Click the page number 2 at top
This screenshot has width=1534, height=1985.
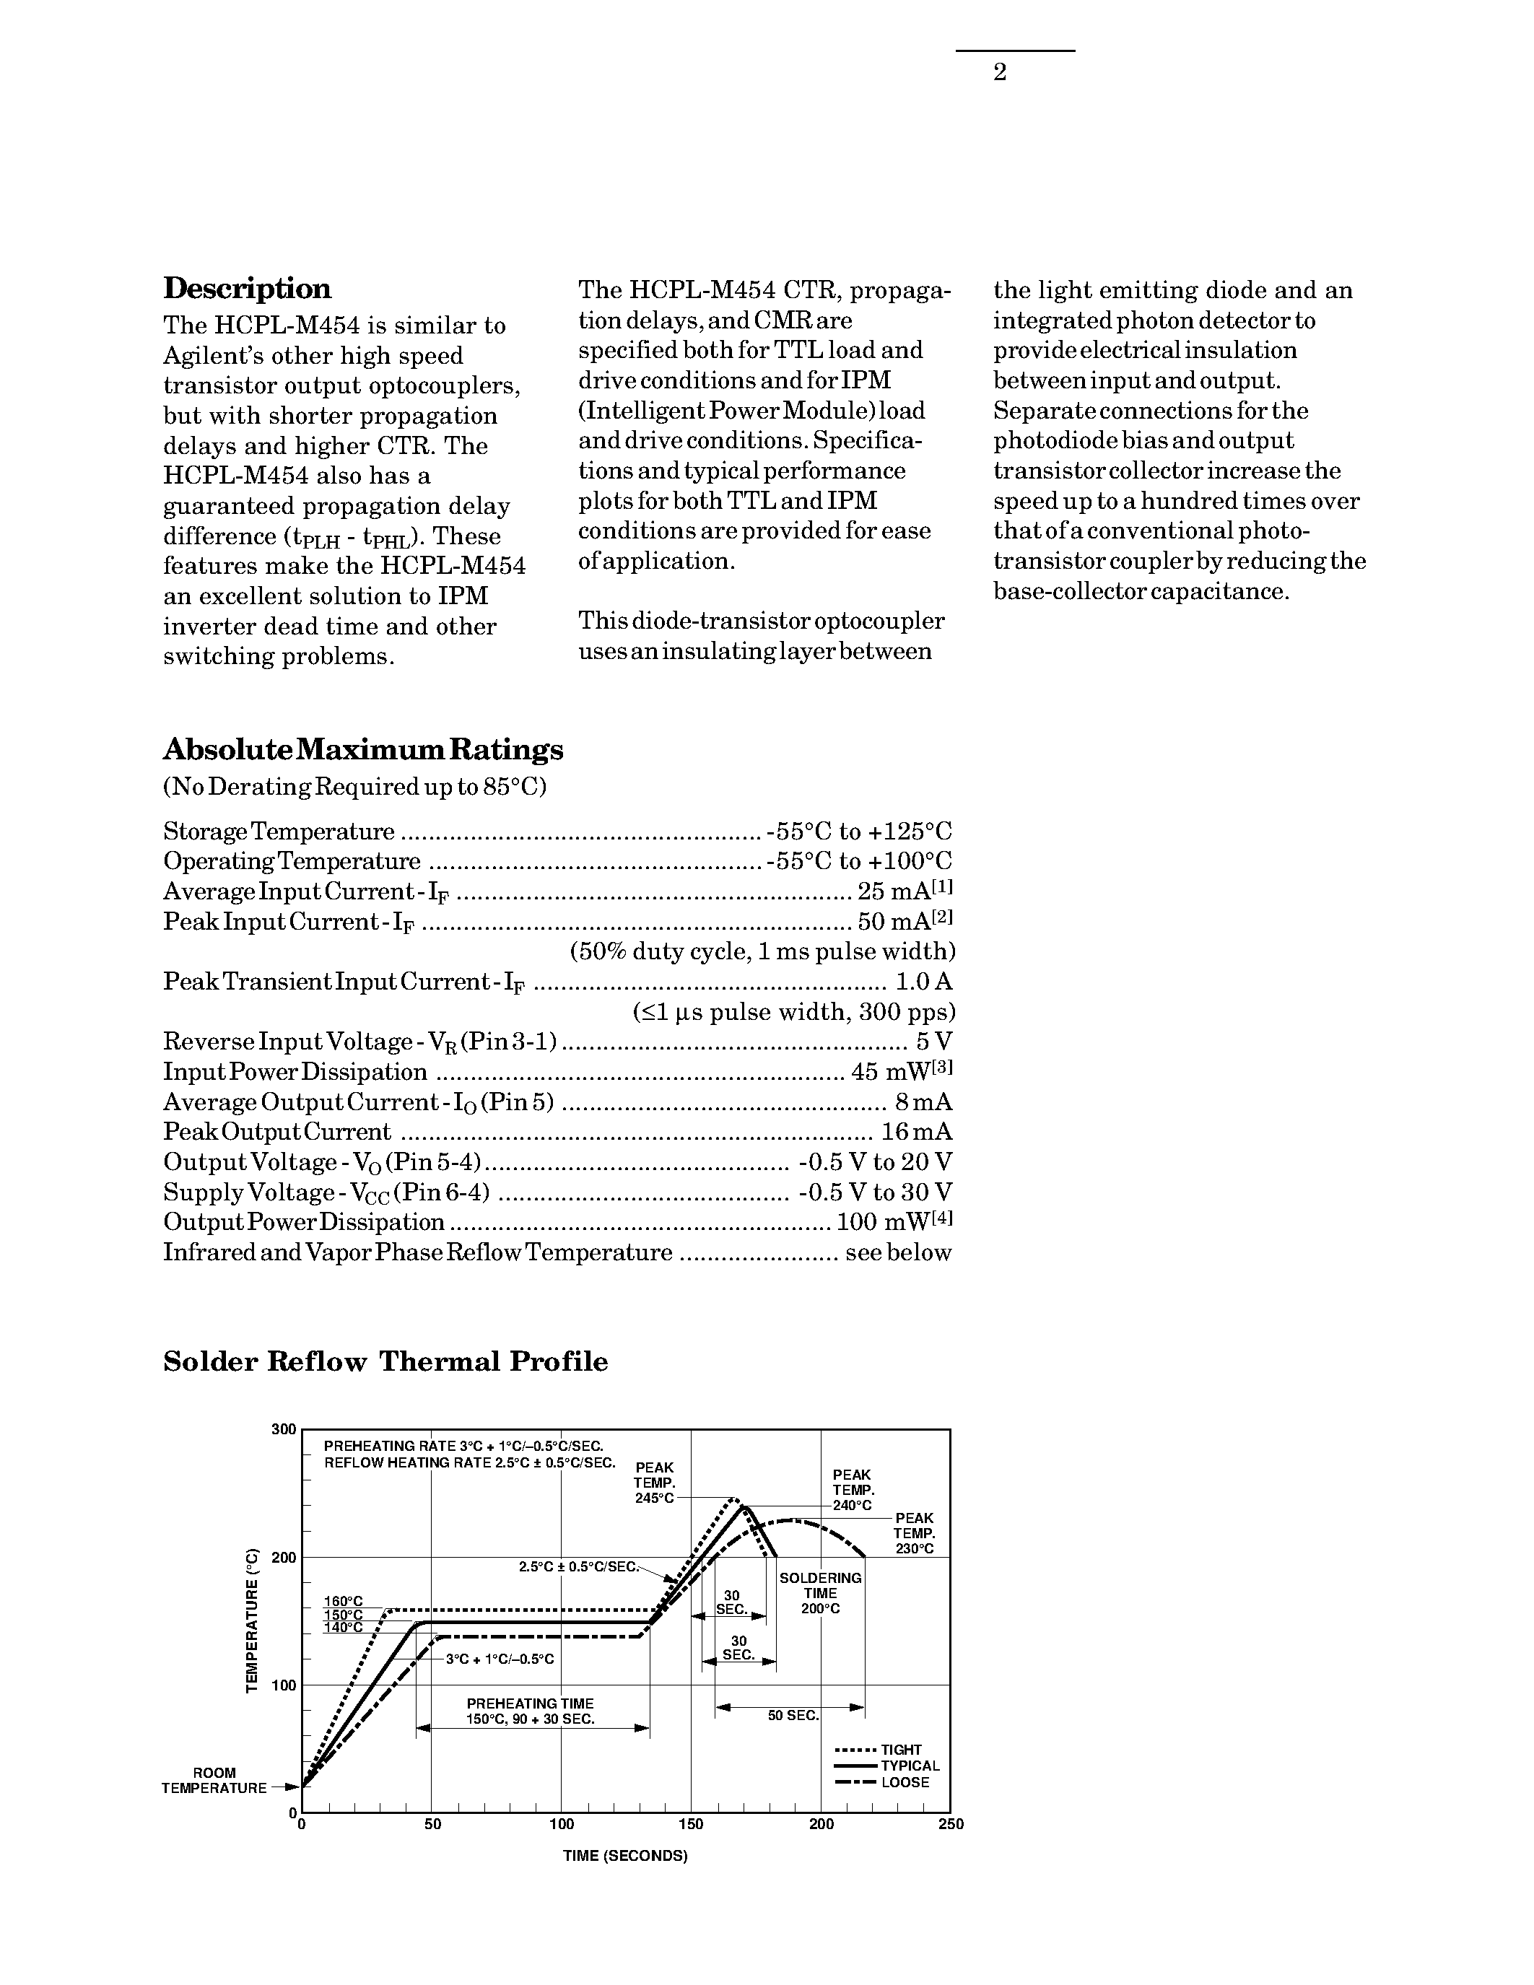pos(1000,73)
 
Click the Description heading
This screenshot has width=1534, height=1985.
pos(247,288)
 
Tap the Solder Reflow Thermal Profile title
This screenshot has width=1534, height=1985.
pos(385,1361)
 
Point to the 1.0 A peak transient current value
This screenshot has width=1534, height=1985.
pos(923,982)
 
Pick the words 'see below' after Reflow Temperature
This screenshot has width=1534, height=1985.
pos(898,1252)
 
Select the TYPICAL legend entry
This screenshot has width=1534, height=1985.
pos(910,1766)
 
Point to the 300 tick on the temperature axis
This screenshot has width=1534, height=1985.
pos(284,1430)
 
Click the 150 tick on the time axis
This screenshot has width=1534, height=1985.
pos(691,1824)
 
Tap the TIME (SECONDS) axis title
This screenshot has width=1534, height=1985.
pos(625,1856)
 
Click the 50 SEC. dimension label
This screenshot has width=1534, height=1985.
pos(793,1716)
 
